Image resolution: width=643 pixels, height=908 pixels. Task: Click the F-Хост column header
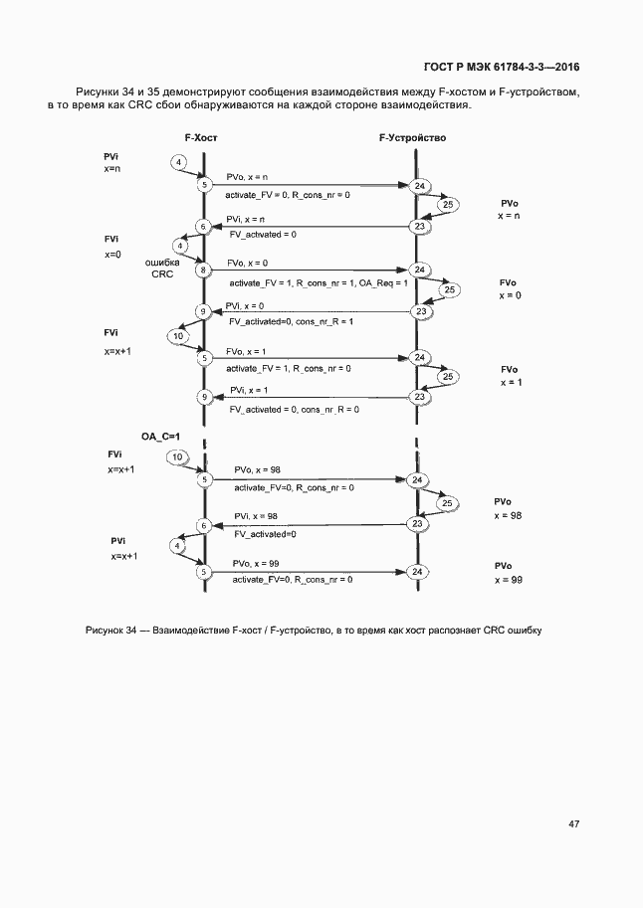[x=201, y=139]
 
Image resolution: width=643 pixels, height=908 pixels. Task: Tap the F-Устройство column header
[x=412, y=139]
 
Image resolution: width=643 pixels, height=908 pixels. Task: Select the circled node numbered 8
[x=204, y=270]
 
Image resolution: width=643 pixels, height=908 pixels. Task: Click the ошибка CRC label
[x=162, y=268]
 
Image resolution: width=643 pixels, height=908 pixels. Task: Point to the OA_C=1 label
[x=160, y=436]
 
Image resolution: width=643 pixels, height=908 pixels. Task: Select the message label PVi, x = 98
[x=256, y=516]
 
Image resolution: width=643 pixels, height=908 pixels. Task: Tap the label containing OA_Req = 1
[x=318, y=283]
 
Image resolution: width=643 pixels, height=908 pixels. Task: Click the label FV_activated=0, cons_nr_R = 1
[x=291, y=322]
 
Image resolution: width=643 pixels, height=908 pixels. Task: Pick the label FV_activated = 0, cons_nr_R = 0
[x=294, y=409]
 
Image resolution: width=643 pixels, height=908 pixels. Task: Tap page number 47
[x=574, y=823]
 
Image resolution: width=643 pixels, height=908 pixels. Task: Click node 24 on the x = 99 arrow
[x=418, y=572]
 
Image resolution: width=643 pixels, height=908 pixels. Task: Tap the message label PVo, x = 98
[x=256, y=469]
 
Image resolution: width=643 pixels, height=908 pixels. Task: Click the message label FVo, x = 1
[x=246, y=351]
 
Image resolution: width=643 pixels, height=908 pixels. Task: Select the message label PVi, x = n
[x=245, y=219]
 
